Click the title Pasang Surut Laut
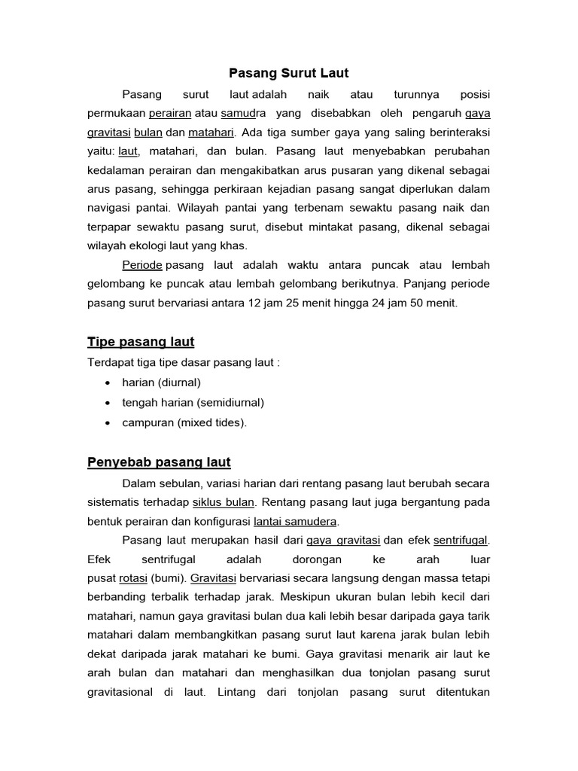pos(289,74)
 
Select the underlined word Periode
pos(142,265)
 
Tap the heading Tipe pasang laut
pos(141,342)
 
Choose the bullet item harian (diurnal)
pos(161,382)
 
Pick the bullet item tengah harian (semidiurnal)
pos(193,402)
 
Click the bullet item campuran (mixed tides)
pos(184,422)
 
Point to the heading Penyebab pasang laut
pos(159,462)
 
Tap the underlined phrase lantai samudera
pos(296,521)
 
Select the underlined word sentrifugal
pos(461,540)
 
